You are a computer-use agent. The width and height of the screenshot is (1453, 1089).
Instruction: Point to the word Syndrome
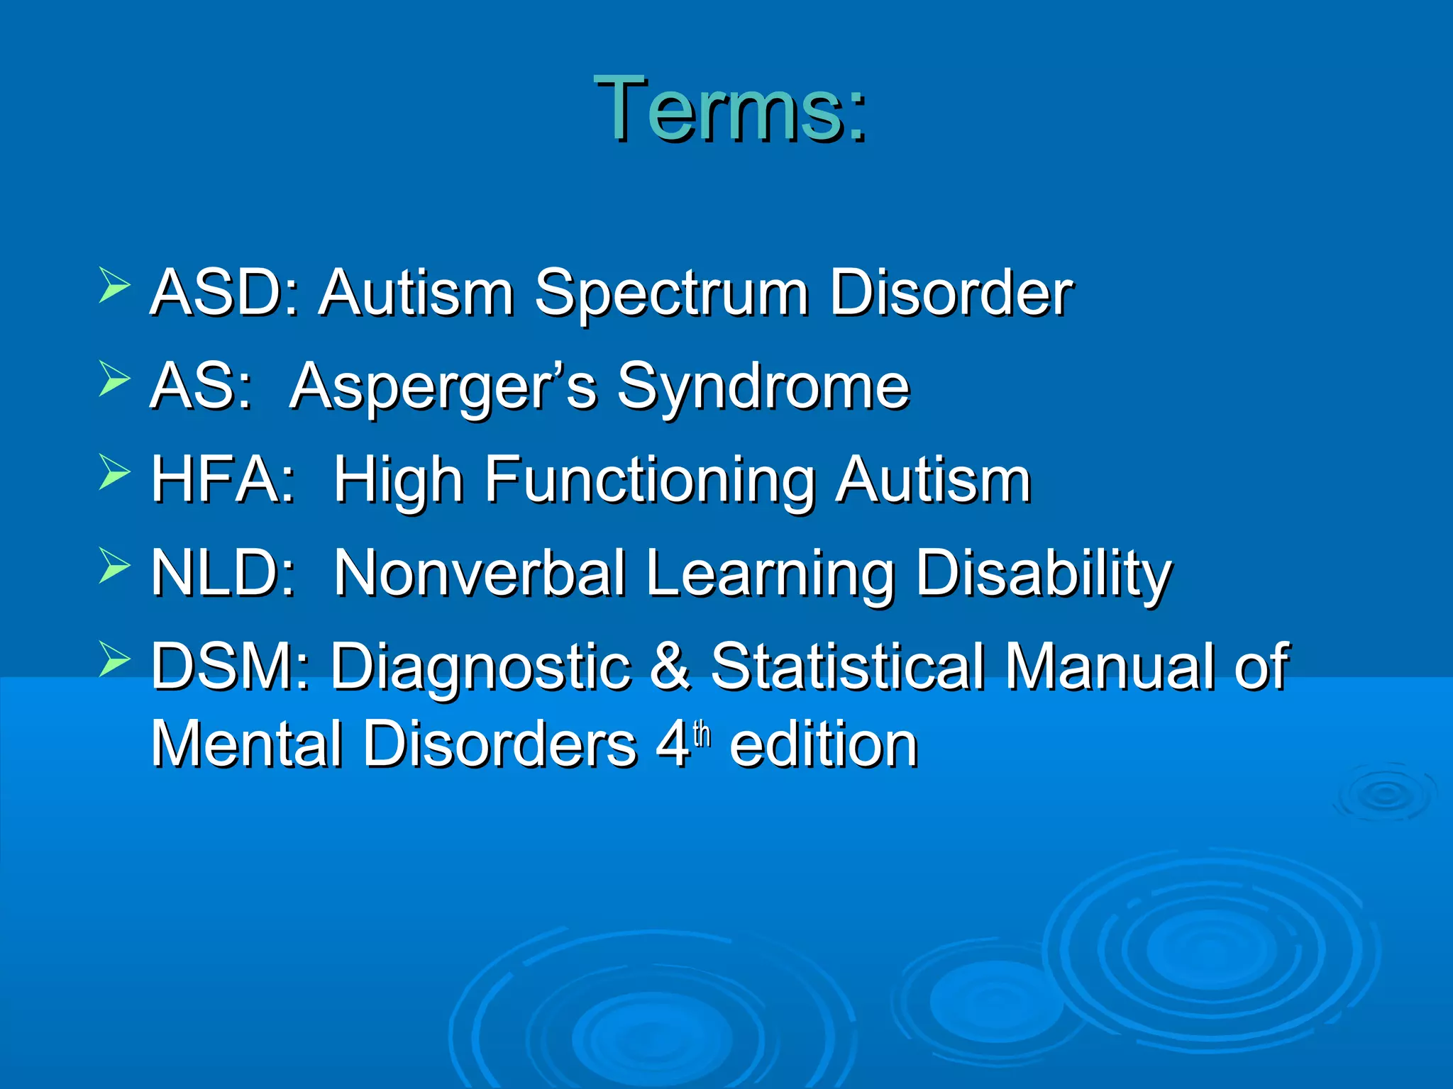[x=763, y=388]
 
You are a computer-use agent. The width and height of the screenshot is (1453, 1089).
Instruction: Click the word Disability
[x=1043, y=575]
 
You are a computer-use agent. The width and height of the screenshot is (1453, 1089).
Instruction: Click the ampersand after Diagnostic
[x=670, y=666]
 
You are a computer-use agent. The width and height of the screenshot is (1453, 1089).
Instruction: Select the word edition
[x=824, y=744]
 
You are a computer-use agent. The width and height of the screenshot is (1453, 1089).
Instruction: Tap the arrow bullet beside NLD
[x=114, y=565]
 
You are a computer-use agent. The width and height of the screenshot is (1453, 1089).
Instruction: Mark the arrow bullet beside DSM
[x=114, y=659]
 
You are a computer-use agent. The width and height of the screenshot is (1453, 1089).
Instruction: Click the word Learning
[x=770, y=575]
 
